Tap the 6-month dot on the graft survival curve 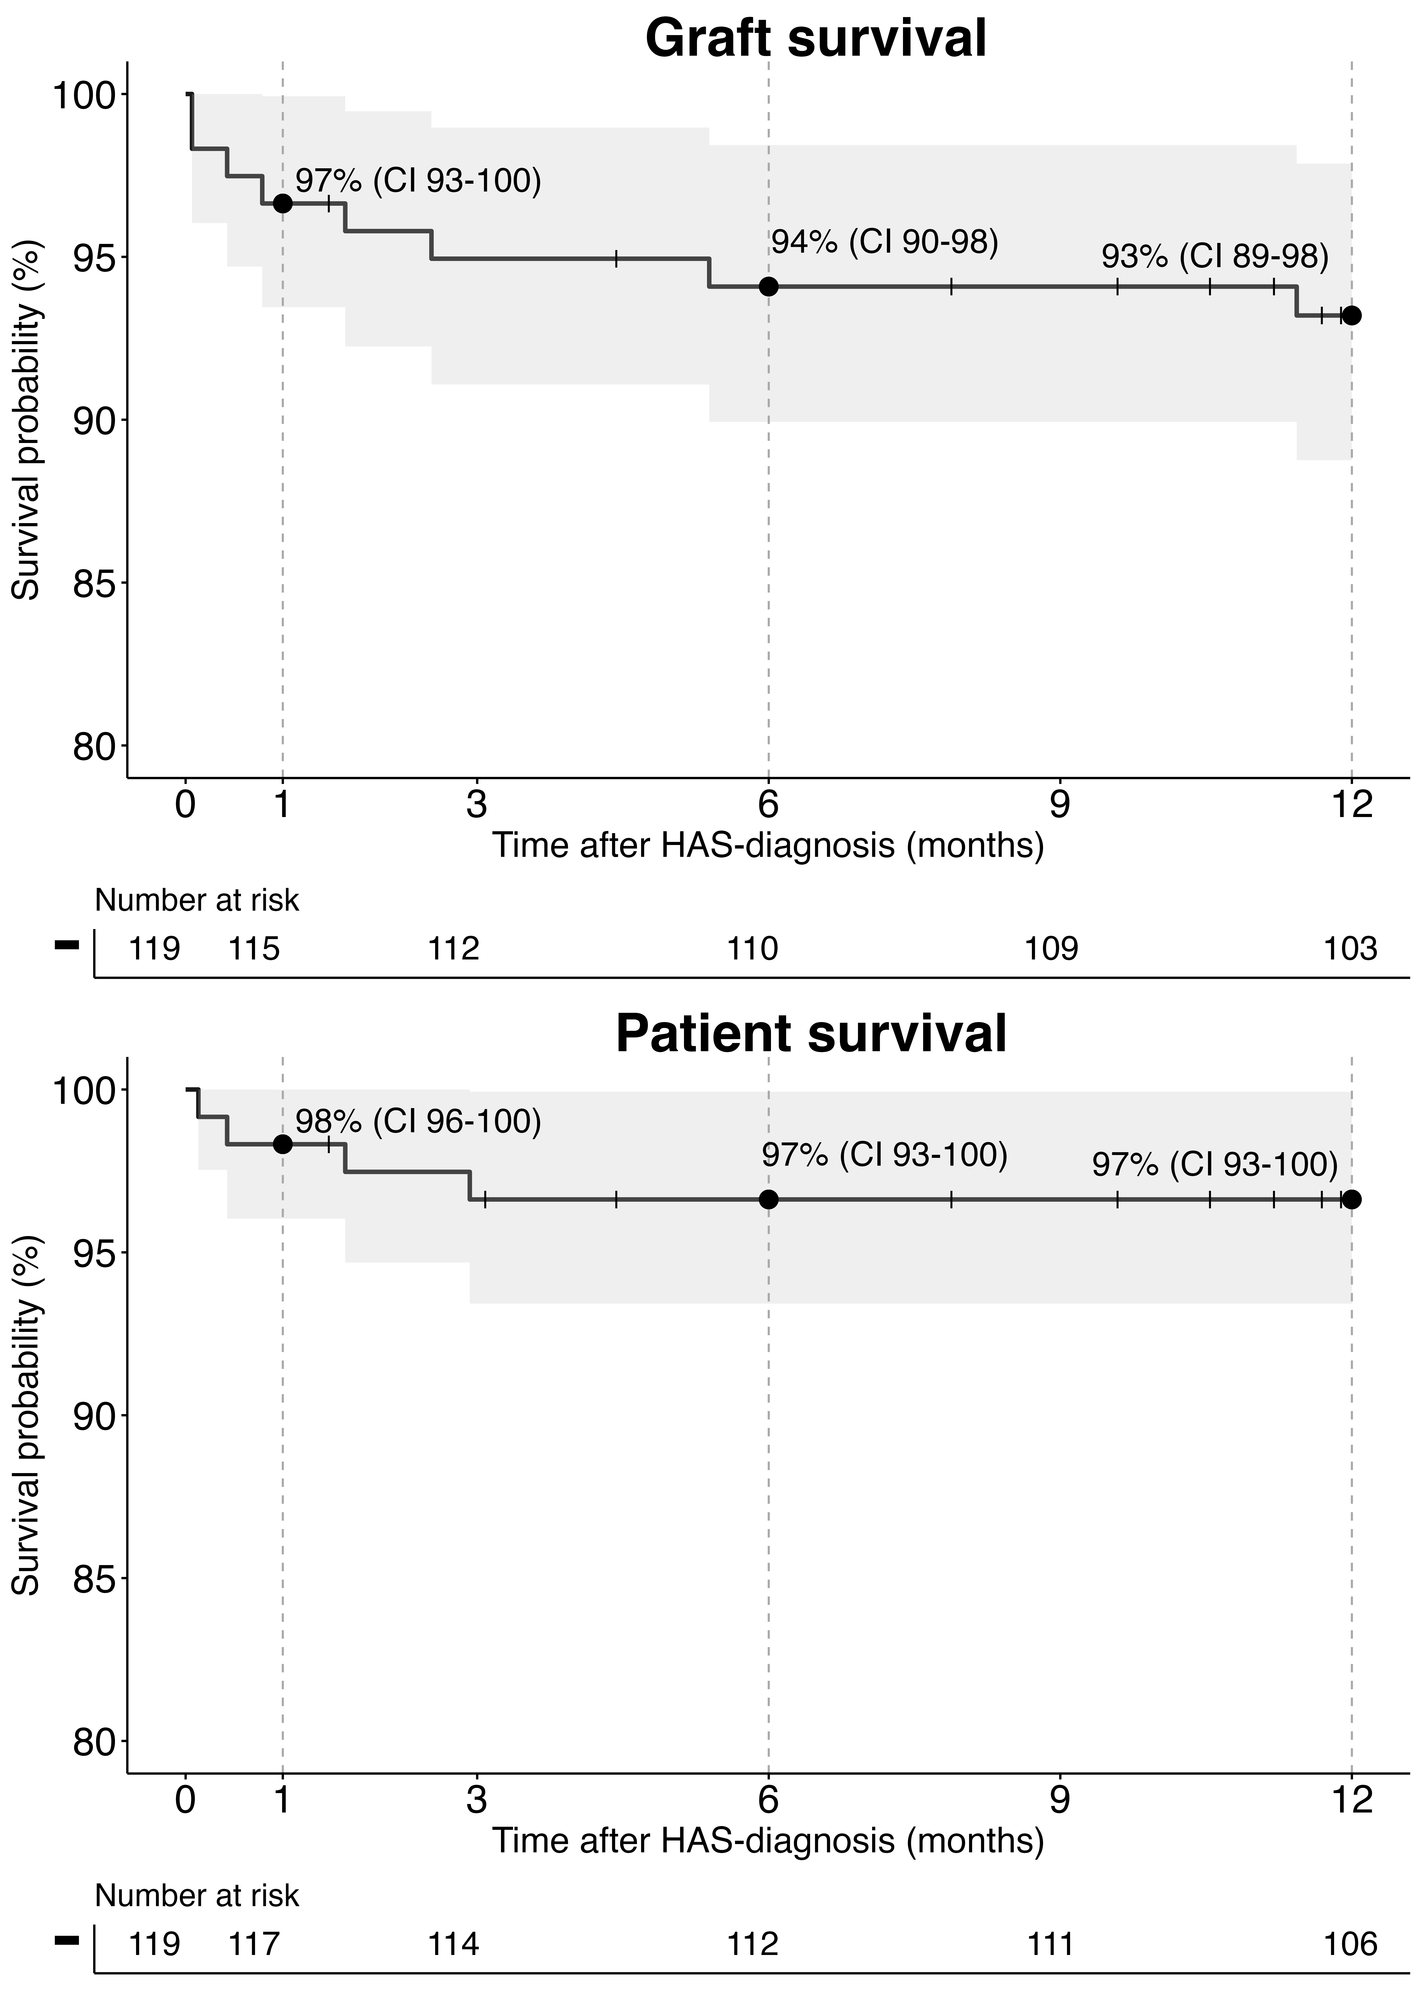769,286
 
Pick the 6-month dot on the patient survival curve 769,1200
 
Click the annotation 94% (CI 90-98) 884,242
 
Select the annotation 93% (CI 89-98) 1214,256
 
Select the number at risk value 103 1350,948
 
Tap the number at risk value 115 254,948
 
